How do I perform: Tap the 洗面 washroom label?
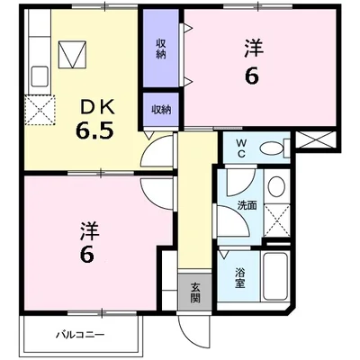point(247,205)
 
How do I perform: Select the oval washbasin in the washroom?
point(276,189)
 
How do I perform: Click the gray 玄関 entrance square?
point(194,293)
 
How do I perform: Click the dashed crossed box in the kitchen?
point(40,112)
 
